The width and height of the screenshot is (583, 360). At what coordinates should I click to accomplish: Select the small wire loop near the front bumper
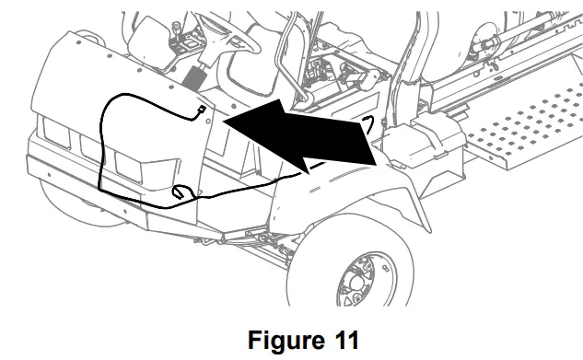[x=181, y=193]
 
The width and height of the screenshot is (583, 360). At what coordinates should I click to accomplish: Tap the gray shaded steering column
[x=195, y=74]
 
